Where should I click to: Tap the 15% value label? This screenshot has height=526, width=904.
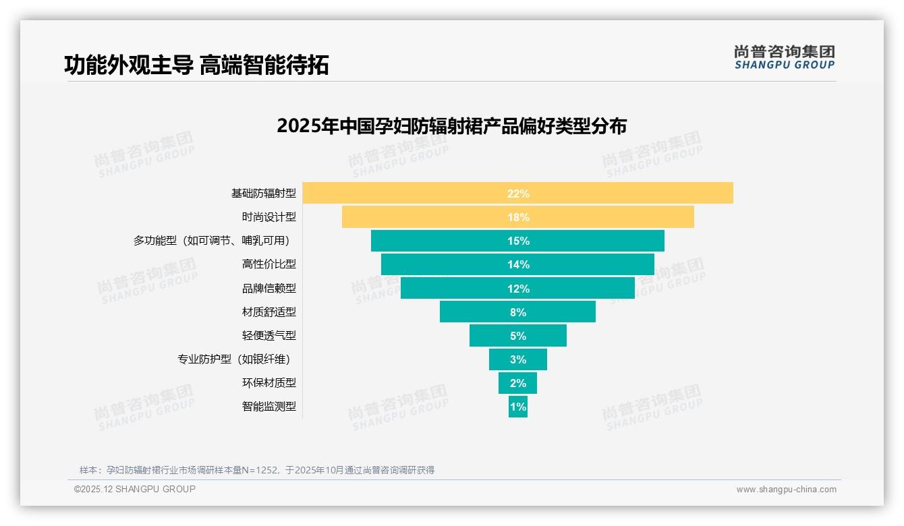pos(518,241)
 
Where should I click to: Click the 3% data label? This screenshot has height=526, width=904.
pos(518,359)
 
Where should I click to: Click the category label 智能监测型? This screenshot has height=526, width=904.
pos(269,407)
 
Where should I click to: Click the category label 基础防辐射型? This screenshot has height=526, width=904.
pos(263,194)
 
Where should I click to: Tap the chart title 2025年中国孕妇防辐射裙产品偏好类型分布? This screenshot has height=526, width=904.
pos(451,126)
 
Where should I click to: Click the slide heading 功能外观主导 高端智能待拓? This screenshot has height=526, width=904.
pos(196,65)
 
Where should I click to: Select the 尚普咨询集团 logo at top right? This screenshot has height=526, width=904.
pos(784,57)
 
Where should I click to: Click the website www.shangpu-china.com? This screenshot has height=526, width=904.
pos(786,490)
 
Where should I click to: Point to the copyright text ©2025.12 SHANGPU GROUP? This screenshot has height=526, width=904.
pos(135,489)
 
